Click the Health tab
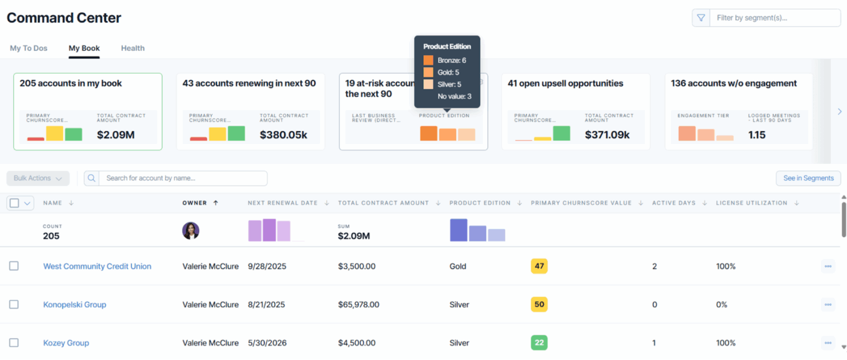(x=132, y=48)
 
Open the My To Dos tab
(x=28, y=48)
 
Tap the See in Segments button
(x=808, y=178)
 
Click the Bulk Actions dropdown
(x=38, y=178)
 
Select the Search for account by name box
(x=182, y=178)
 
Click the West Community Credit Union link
(x=97, y=266)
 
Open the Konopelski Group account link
(x=74, y=304)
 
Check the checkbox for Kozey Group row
(x=14, y=342)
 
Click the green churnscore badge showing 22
(x=539, y=342)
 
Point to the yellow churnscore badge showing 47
(x=539, y=266)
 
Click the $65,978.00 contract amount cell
(x=358, y=304)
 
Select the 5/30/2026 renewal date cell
(x=267, y=342)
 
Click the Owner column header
(x=195, y=203)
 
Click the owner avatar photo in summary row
(x=191, y=231)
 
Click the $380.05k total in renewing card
(x=283, y=135)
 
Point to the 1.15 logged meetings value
(x=757, y=135)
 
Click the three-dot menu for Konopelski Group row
(x=828, y=304)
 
